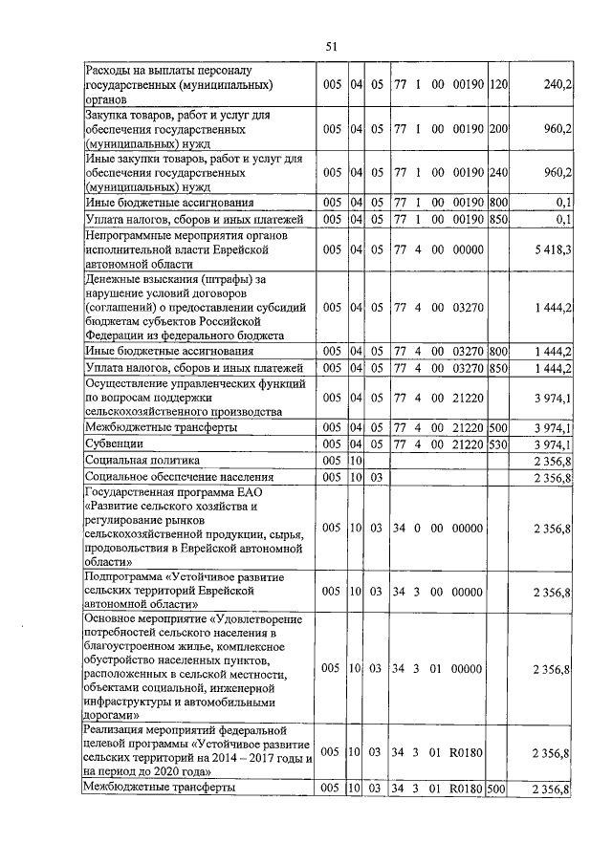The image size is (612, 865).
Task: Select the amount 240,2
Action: click(557, 85)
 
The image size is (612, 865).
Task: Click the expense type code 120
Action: click(497, 85)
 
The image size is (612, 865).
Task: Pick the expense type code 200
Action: click(497, 128)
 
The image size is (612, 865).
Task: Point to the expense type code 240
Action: click(497, 172)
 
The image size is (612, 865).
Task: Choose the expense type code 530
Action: click(497, 444)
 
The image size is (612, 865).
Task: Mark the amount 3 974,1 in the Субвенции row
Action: click(553, 444)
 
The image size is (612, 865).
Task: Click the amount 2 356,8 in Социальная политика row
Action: click(553, 461)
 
